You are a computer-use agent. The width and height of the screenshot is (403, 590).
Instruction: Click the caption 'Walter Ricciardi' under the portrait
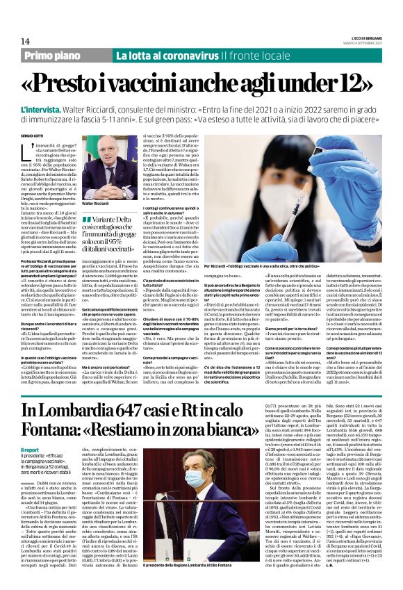(95, 204)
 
